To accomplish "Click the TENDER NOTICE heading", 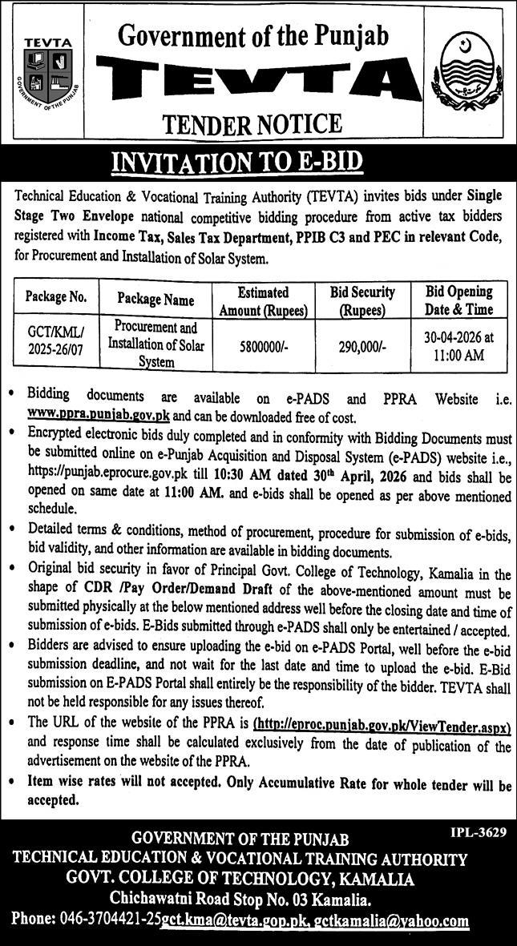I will coord(252,123).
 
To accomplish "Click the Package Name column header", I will coord(156,300).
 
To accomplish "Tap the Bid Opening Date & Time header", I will coord(459,301).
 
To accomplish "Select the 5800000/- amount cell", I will coord(264,347).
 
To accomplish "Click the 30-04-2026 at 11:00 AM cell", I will coord(459,346).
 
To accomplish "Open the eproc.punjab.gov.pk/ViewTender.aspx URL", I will coord(382,723).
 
